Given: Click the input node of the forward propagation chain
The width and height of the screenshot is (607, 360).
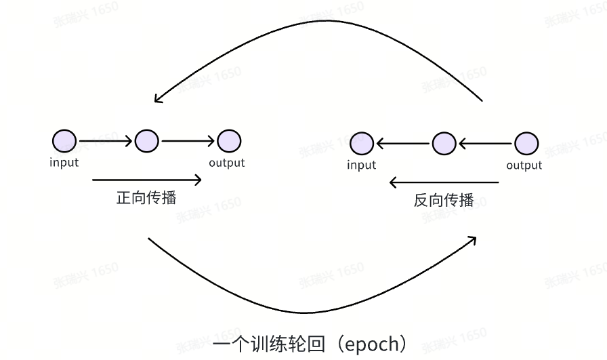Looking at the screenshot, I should (x=64, y=141).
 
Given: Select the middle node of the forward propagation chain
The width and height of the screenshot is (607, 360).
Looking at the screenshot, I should (x=146, y=141).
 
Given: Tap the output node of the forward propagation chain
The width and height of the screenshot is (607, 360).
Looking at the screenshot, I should (x=229, y=141).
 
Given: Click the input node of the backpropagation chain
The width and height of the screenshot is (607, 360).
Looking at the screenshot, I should (x=361, y=144).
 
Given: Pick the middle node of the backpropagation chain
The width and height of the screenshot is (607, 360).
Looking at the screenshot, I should (x=444, y=144).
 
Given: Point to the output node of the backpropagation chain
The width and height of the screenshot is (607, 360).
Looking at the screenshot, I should (x=526, y=144).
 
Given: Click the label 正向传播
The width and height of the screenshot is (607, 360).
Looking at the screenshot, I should (x=146, y=198).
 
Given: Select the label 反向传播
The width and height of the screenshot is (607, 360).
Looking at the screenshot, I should (x=444, y=201).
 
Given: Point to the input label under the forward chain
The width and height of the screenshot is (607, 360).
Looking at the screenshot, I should (x=64, y=162).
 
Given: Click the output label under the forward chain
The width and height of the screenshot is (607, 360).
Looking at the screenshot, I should (x=227, y=163).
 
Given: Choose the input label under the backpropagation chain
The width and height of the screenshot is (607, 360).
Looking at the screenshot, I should (x=361, y=165).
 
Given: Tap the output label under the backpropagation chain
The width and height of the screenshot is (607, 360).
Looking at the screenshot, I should (x=525, y=165).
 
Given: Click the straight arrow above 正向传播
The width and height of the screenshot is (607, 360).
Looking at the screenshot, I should (x=146, y=180).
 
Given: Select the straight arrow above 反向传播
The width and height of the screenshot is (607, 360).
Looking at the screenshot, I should (x=444, y=182).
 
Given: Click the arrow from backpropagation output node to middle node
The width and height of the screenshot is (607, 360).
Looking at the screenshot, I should (x=485, y=144).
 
